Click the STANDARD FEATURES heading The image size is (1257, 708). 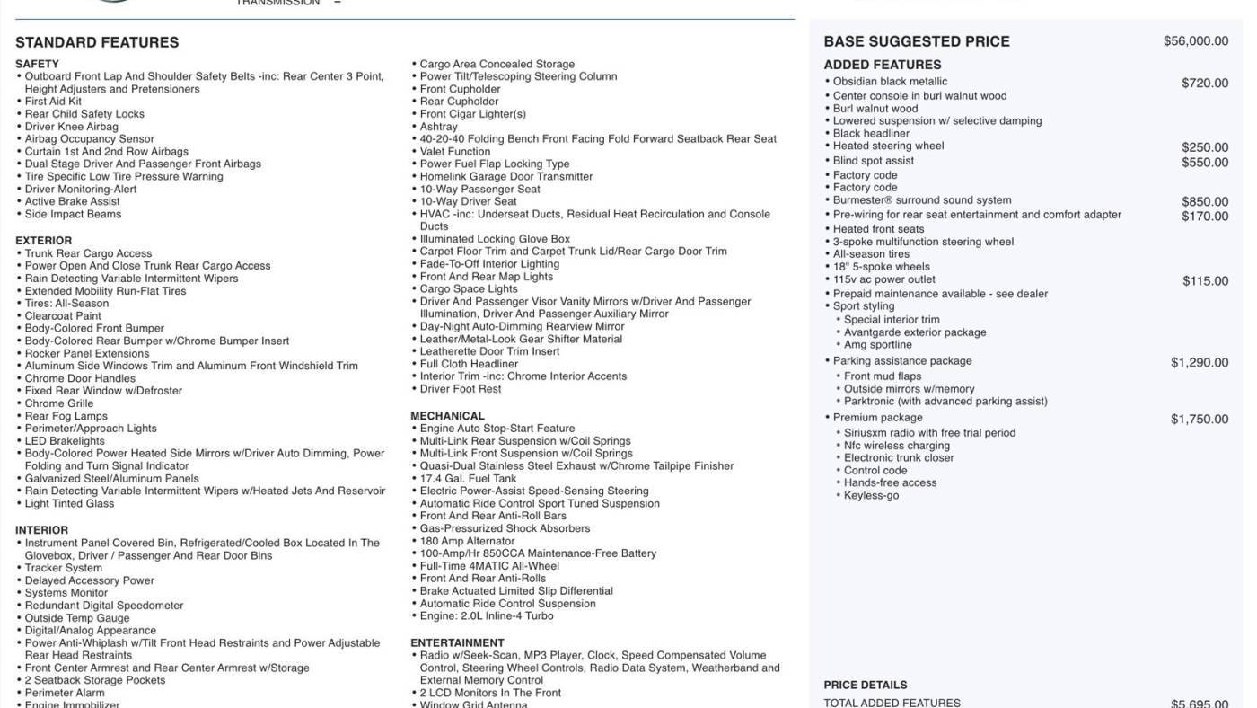coord(97,42)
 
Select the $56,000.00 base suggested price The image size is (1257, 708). coord(1195,41)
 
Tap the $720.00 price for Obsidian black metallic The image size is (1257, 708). coord(1204,83)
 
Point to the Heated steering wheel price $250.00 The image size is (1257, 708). coord(1204,147)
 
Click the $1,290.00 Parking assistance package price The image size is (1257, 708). coord(1199,363)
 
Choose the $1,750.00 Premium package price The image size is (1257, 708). coord(1199,420)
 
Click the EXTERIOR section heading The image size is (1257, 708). coord(43,241)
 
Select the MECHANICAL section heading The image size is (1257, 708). coord(447,416)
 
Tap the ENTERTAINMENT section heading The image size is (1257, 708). coord(457,643)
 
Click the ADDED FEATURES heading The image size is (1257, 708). coord(882,65)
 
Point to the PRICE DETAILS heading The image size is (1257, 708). coord(865,685)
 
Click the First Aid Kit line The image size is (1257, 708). coord(53,102)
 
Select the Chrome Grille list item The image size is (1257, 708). coord(59,403)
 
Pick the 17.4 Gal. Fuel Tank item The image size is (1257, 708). coord(468,479)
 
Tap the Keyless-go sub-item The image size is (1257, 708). coord(871,496)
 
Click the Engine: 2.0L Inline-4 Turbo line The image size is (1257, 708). coord(487,616)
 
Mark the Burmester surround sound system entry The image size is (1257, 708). coord(921,200)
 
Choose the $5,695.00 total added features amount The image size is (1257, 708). coord(1199,704)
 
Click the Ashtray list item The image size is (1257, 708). coord(438,127)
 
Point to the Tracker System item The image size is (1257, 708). coord(63,568)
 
